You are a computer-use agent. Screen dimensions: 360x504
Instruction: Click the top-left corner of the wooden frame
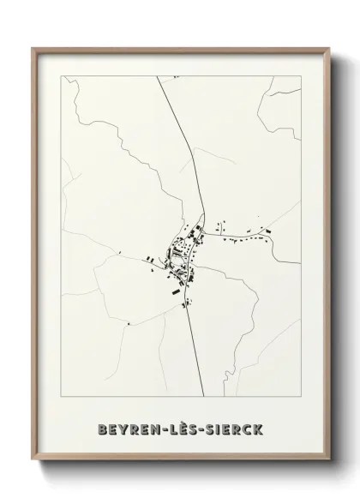[33, 49]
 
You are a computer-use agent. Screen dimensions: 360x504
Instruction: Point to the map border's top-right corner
[298, 76]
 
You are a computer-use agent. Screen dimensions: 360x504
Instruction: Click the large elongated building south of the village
[177, 291]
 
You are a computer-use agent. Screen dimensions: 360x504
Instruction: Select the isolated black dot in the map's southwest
[128, 324]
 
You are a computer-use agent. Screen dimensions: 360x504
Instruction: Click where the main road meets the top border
[158, 77]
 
